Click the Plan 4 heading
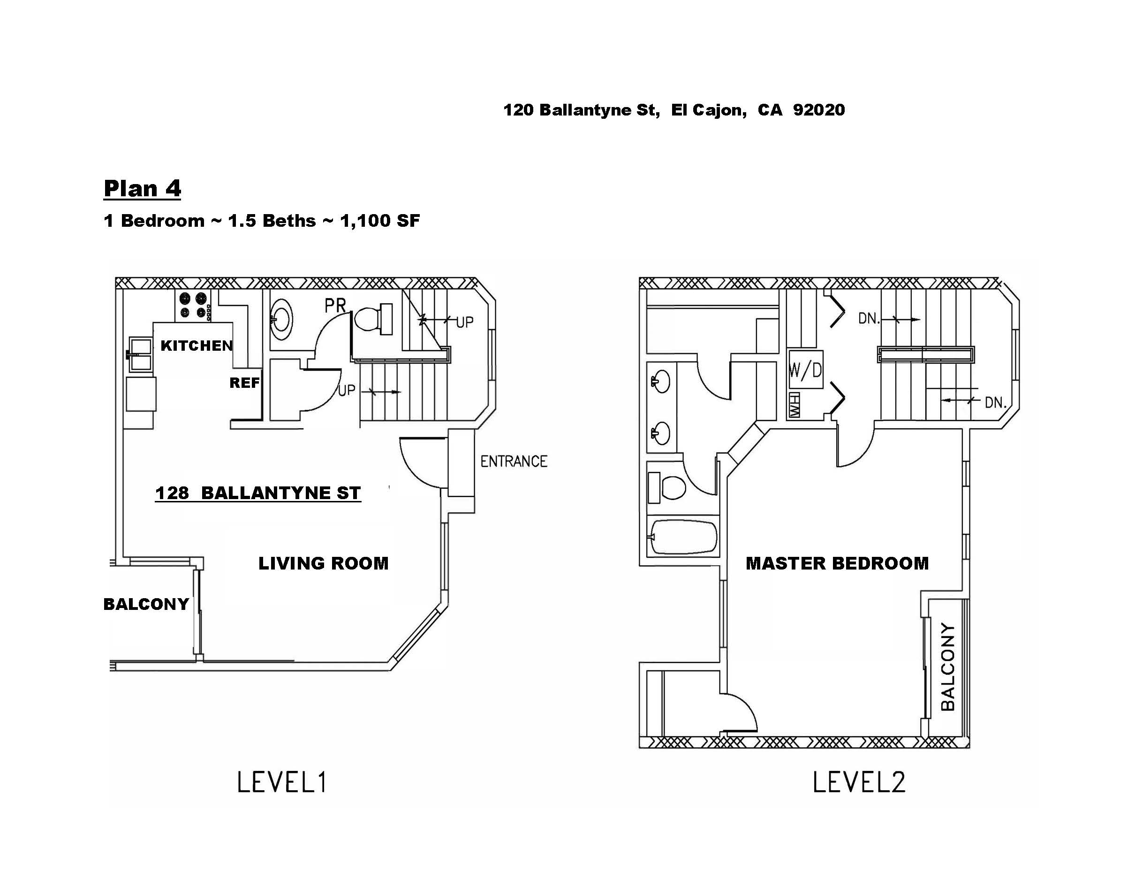pyautogui.click(x=143, y=188)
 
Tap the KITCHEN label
pyautogui.click(x=197, y=346)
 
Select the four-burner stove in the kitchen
pyautogui.click(x=194, y=305)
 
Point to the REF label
pyautogui.click(x=244, y=383)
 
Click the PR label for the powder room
pyautogui.click(x=335, y=305)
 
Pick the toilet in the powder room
pyautogui.click(x=373, y=318)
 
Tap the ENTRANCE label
pyautogui.click(x=514, y=462)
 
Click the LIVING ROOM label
pyautogui.click(x=323, y=563)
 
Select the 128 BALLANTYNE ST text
pyautogui.click(x=258, y=493)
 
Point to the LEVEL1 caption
pyautogui.click(x=282, y=782)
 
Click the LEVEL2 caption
pyautogui.click(x=859, y=782)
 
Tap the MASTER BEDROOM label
pyautogui.click(x=837, y=563)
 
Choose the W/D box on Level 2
pyautogui.click(x=805, y=370)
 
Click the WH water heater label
pyautogui.click(x=794, y=405)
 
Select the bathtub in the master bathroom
pyautogui.click(x=684, y=537)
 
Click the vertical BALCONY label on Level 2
pyautogui.click(x=948, y=667)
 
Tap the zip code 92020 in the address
pyautogui.click(x=819, y=110)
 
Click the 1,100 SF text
pyautogui.click(x=380, y=221)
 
